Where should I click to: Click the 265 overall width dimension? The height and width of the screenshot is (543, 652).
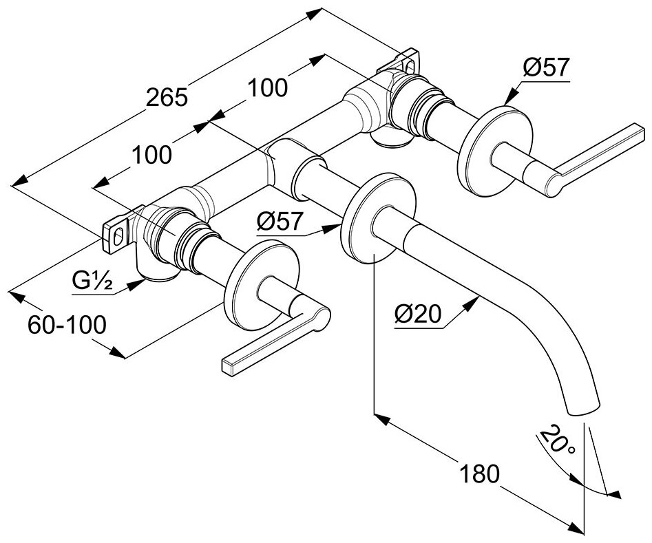pos(167,97)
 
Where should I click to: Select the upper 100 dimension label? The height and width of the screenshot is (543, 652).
pos(267,87)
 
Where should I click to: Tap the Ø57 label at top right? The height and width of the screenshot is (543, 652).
pos(546,67)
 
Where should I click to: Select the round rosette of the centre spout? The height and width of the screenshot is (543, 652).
pos(377,217)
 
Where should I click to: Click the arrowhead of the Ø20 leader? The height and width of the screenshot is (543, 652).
pos(476,298)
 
